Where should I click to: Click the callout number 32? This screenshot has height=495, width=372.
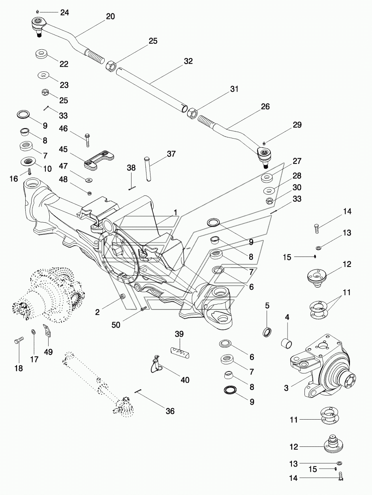coord(188,61)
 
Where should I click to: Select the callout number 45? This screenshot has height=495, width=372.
coord(63,150)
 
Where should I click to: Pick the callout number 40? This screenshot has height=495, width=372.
coord(185,380)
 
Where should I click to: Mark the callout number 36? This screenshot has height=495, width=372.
coord(170,411)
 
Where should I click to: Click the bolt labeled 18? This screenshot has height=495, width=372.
coord(19,341)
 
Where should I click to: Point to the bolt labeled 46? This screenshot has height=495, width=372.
coord(87,139)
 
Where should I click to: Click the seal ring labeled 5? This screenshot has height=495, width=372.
coord(267,332)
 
